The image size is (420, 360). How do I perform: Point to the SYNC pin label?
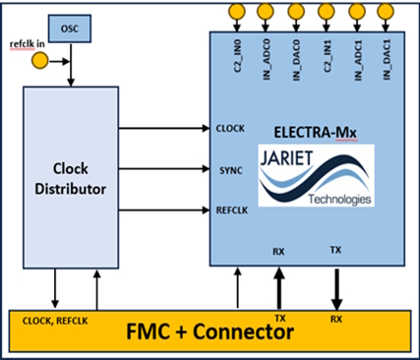(226, 169)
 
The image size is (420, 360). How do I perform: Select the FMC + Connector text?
(210, 334)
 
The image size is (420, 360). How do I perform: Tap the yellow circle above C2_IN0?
(237, 13)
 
